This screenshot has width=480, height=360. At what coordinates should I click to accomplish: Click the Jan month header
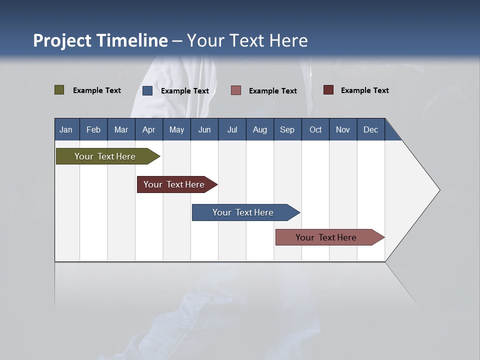[x=66, y=129]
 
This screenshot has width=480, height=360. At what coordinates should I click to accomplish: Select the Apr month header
[x=149, y=129]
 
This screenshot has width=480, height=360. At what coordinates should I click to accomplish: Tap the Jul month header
[x=232, y=129]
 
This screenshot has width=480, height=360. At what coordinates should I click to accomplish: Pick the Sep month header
[x=287, y=129]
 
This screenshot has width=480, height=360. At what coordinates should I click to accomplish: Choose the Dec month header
[x=370, y=129]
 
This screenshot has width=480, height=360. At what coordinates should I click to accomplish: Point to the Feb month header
[x=93, y=129]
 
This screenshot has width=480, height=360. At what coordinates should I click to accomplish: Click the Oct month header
[x=315, y=129]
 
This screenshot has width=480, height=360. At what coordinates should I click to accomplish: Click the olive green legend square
[x=59, y=90]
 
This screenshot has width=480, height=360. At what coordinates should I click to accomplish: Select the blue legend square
[x=147, y=90]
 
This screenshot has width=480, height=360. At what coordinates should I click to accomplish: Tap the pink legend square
[x=236, y=90]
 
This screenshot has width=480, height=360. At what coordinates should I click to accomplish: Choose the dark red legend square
[x=328, y=90]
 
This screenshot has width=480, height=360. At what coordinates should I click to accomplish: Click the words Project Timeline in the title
[x=100, y=40]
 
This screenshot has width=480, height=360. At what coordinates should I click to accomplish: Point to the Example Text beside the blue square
[x=185, y=91]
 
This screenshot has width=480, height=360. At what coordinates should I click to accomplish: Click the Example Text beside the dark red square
[x=365, y=90]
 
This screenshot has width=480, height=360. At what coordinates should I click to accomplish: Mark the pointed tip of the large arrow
[x=439, y=190]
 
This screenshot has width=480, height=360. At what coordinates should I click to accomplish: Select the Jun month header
[x=204, y=129]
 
